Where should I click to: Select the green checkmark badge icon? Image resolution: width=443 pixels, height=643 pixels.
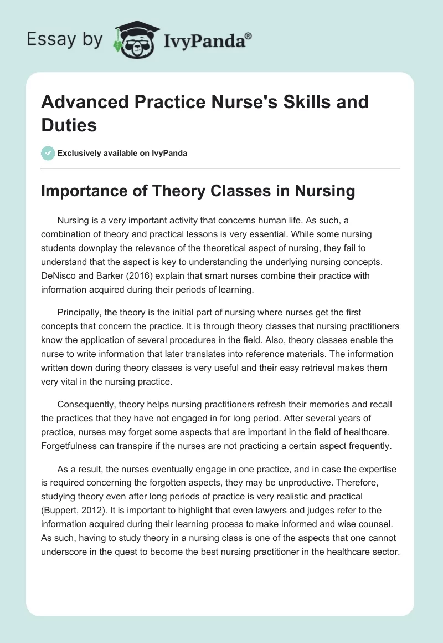click(48, 153)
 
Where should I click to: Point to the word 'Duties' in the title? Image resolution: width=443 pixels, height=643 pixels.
click(69, 125)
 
